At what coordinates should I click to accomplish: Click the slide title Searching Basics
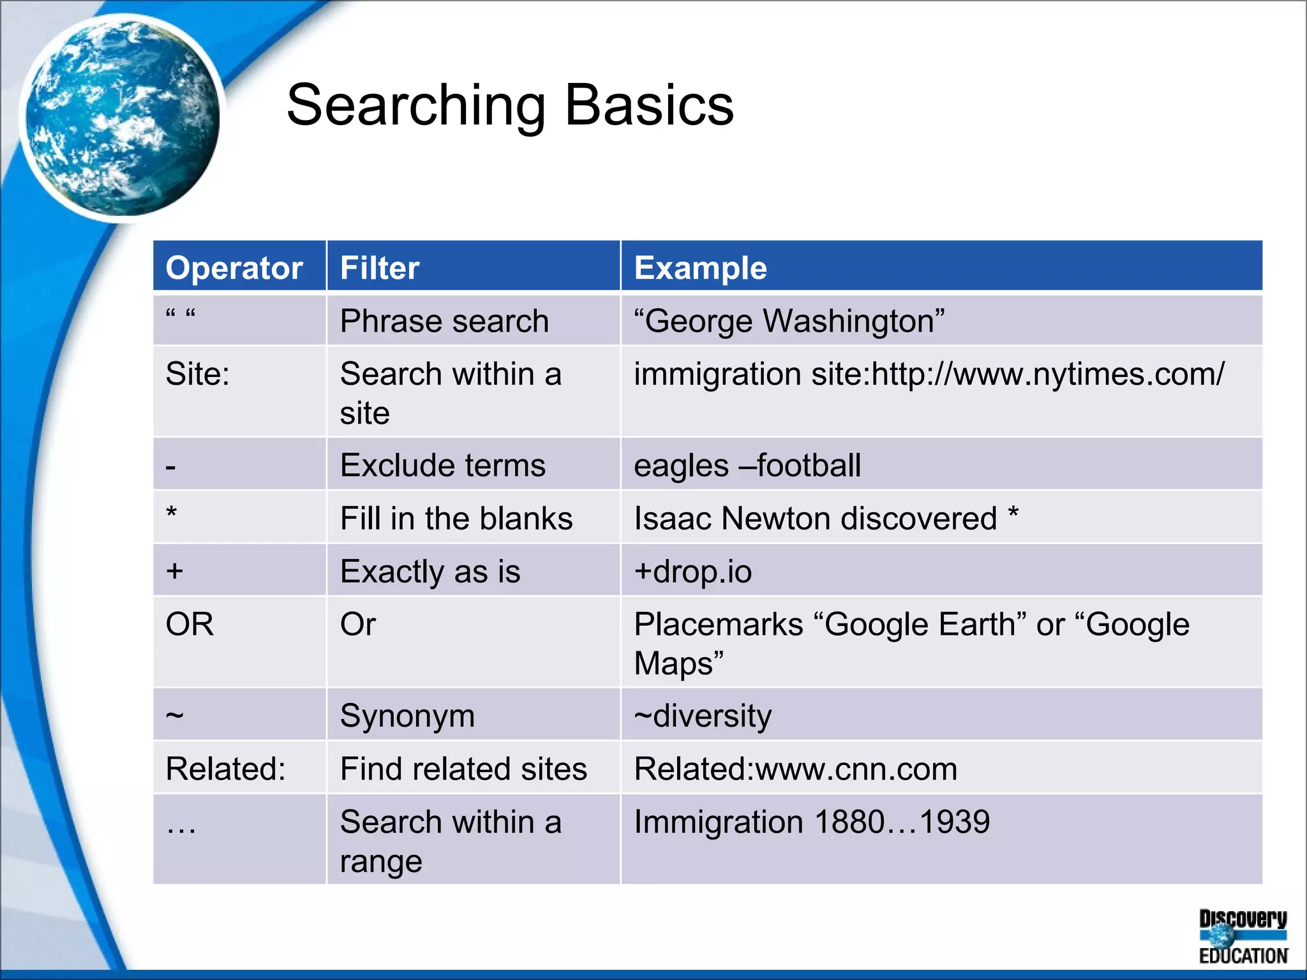pyautogui.click(x=510, y=105)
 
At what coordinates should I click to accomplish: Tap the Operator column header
pyautogui.click(x=234, y=268)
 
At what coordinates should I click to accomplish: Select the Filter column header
pyautogui.click(x=380, y=268)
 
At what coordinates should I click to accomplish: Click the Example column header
pyautogui.click(x=700, y=268)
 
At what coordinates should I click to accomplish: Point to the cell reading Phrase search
pyautogui.click(x=444, y=321)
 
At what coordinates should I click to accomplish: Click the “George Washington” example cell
pyautogui.click(x=789, y=321)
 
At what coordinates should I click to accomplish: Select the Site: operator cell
pyautogui.click(x=197, y=374)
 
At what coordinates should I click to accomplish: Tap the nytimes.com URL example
pyautogui.click(x=929, y=374)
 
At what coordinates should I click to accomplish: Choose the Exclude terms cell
pyautogui.click(x=443, y=465)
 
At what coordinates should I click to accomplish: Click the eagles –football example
pyautogui.click(x=747, y=465)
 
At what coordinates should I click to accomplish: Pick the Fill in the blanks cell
pyautogui.click(x=456, y=518)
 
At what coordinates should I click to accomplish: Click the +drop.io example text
pyautogui.click(x=693, y=571)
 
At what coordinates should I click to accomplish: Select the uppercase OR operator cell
pyautogui.click(x=190, y=624)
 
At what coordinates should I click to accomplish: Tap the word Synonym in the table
pyautogui.click(x=407, y=716)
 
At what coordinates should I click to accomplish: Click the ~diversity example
pyautogui.click(x=703, y=716)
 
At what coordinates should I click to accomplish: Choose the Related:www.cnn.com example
pyautogui.click(x=795, y=769)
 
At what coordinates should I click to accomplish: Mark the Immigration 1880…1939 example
pyautogui.click(x=812, y=822)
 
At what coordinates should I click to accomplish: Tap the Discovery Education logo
pyautogui.click(x=1243, y=937)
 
